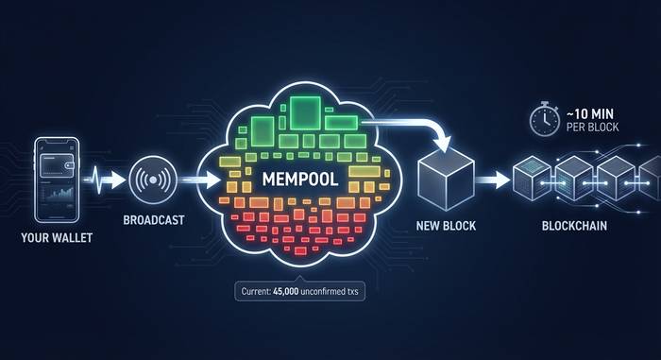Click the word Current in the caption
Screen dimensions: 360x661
point(263,291)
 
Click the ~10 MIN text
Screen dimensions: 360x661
point(592,111)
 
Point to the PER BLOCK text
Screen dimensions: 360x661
point(594,127)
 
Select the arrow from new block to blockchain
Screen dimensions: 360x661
point(492,179)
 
